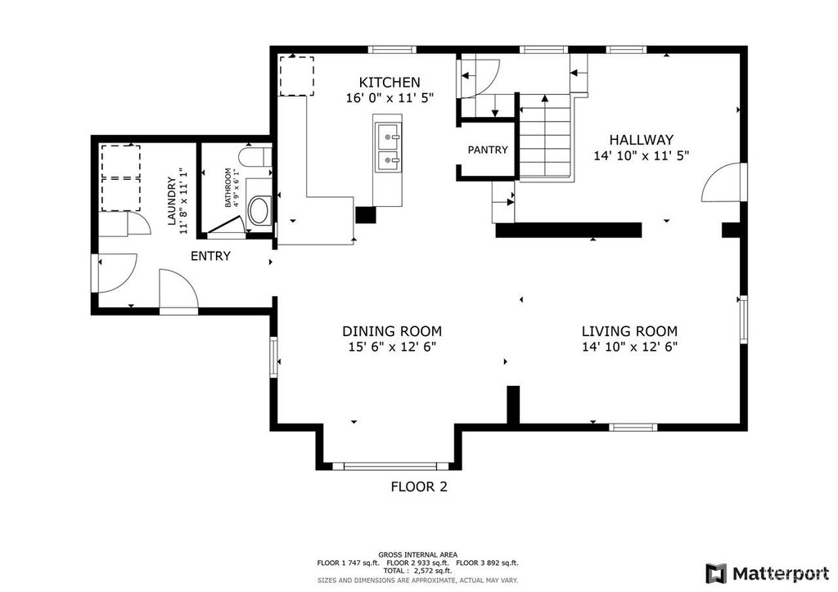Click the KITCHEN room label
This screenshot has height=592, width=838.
point(389,83)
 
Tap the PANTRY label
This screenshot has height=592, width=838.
point(488,150)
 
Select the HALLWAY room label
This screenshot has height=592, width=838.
point(642,140)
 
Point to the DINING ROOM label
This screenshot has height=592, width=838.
point(392,331)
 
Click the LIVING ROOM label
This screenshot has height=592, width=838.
point(629,331)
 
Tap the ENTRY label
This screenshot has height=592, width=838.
point(210,256)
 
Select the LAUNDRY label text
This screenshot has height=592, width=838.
point(172,200)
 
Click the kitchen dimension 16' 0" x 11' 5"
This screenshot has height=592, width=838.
point(389,97)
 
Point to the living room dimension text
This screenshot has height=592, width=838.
point(629,347)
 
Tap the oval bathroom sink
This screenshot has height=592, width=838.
point(260,210)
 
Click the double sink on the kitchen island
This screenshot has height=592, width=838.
point(388,147)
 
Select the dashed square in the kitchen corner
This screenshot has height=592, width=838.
point(296,76)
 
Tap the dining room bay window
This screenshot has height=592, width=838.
point(390,466)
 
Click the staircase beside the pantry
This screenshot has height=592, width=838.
point(545,137)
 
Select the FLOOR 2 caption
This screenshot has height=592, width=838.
point(419,487)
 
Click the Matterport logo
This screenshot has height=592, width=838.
point(768,573)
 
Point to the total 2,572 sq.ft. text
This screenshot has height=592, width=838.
point(419,570)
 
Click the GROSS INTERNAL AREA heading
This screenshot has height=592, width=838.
point(418,554)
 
